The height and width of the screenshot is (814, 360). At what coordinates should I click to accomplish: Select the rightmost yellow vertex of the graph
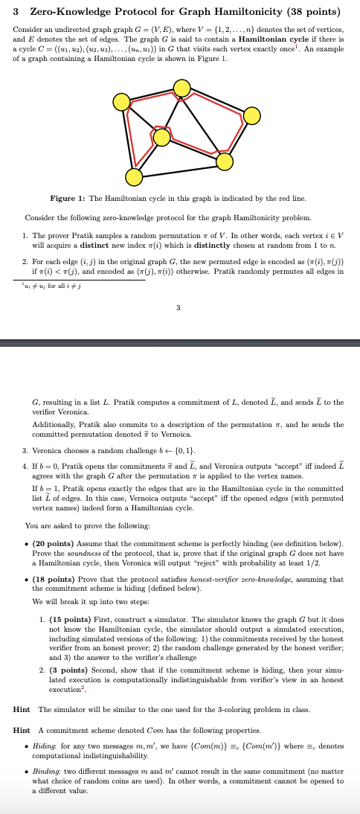pyautogui.click(x=252, y=115)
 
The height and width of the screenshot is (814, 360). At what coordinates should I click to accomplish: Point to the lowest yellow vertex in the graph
pyautogui.click(x=134, y=177)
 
